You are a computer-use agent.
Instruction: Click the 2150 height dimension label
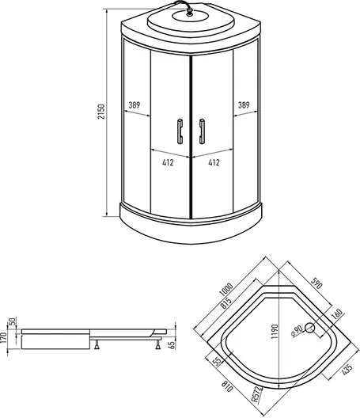click(x=101, y=112)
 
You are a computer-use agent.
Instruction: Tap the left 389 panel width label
click(x=135, y=105)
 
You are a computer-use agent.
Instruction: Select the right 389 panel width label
click(x=244, y=105)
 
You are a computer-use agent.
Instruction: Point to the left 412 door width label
click(x=168, y=162)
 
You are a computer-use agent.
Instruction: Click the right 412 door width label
click(x=214, y=162)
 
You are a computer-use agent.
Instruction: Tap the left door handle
click(x=180, y=131)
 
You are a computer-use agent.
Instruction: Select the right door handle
click(x=202, y=131)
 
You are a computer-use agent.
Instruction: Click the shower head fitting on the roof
click(x=189, y=12)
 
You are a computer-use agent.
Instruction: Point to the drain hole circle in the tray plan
click(x=309, y=328)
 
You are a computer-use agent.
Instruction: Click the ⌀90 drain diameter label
click(x=297, y=330)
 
